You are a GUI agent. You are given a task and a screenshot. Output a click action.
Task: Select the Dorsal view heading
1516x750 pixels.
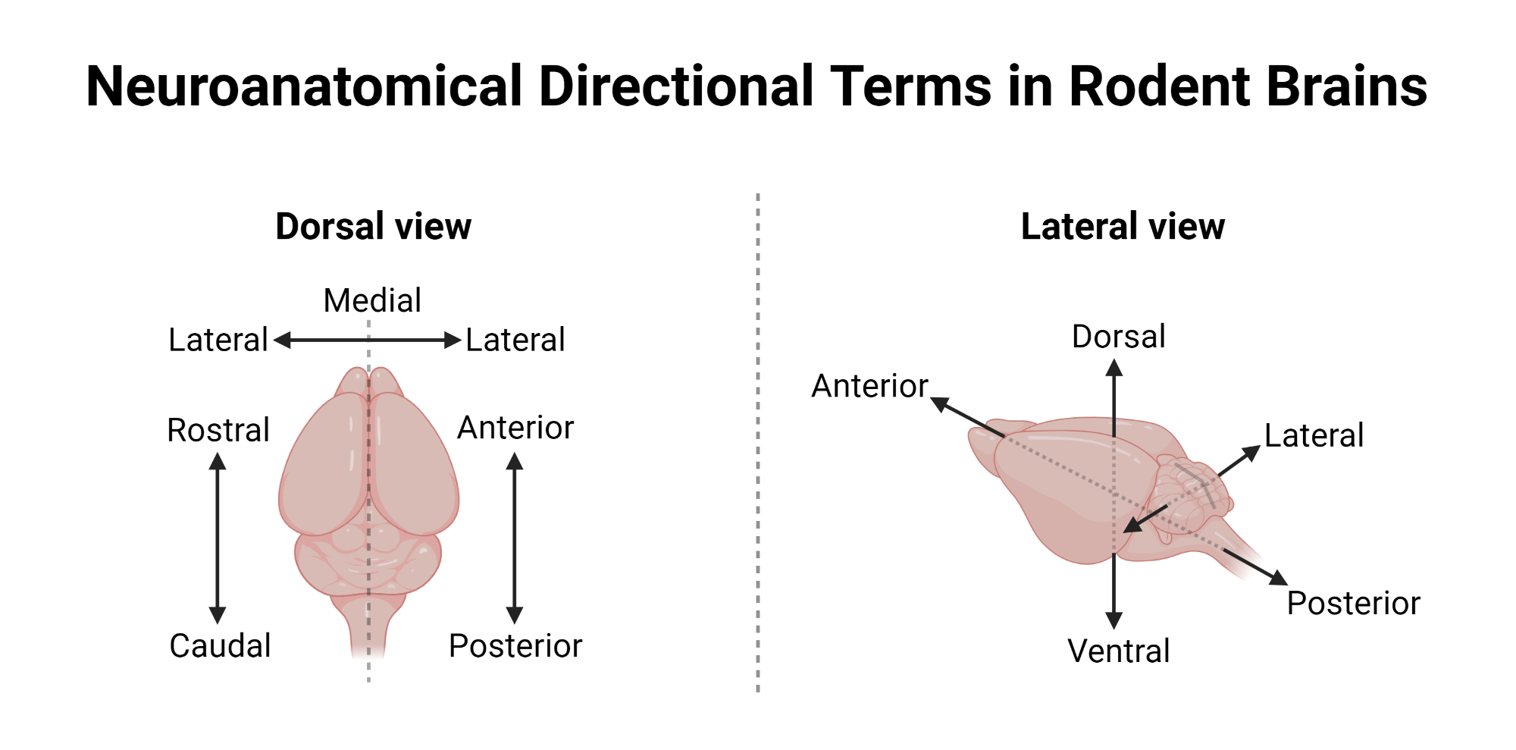373,226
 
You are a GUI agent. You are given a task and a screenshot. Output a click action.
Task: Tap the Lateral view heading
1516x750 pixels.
1123,226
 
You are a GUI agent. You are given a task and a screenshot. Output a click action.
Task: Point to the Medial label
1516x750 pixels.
372,300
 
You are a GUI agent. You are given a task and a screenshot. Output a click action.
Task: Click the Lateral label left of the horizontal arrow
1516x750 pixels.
218,340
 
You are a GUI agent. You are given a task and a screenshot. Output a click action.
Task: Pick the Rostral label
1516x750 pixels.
218,430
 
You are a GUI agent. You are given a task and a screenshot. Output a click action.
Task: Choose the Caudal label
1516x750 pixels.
220,645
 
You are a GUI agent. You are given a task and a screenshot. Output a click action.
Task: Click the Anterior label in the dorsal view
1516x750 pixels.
515,428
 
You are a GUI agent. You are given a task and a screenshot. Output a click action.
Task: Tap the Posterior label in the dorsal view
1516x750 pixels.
515,646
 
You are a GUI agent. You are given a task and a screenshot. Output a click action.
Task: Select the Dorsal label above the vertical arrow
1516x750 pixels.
1119,337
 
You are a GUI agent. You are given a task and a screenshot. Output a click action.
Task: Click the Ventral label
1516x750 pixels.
1119,651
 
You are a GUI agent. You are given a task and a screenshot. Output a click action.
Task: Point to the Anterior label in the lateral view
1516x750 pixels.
870,386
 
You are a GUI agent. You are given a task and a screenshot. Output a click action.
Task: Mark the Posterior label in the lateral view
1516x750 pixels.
1354,604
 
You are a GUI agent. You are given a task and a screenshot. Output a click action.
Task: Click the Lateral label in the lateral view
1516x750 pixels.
1314,436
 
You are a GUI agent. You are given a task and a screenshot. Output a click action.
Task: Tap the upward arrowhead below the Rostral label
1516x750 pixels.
218,461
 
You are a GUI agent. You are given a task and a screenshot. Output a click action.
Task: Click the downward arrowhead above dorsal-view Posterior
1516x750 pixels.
515,615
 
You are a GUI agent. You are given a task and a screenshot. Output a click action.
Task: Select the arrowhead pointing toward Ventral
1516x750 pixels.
1114,620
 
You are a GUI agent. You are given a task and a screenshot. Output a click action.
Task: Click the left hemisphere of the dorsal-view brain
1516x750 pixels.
326,470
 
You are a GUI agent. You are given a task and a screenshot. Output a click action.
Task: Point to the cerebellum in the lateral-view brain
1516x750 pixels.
1190,493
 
